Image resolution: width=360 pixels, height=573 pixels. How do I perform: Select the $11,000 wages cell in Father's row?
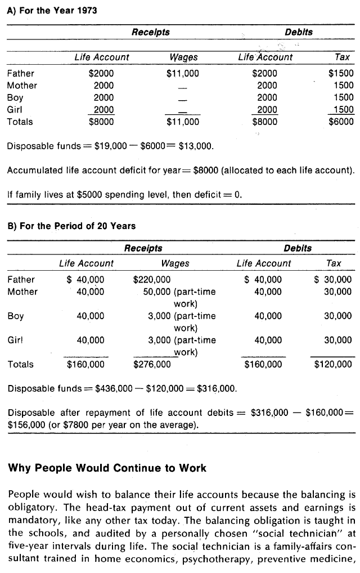tap(183, 73)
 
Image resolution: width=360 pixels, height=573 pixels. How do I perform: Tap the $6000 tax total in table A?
tap(341, 122)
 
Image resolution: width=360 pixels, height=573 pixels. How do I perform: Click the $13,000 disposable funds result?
tap(195, 147)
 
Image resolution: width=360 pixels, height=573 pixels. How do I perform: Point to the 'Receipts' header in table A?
tap(150, 32)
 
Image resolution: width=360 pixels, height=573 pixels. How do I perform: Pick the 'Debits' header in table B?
tap(298, 248)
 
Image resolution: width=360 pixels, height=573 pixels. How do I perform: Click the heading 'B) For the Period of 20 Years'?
tap(71, 226)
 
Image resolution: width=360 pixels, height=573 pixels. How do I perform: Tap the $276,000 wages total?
tap(152, 364)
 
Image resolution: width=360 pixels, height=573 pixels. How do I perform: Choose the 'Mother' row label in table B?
tap(22, 292)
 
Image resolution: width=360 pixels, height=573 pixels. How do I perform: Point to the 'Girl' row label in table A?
tap(15, 110)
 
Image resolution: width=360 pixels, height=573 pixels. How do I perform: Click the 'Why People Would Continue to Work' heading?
tap(107, 468)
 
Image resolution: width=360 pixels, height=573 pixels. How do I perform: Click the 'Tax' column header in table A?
tap(342, 57)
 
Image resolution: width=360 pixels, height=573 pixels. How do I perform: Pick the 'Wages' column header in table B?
tap(175, 263)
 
